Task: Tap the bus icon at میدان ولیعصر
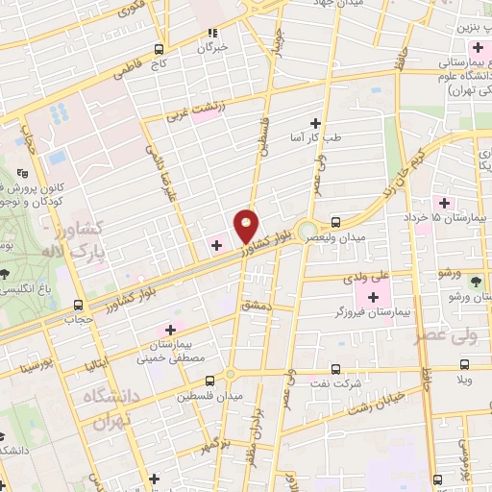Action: click(x=334, y=220)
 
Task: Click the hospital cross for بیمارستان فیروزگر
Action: click(x=373, y=295)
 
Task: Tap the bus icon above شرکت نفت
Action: click(x=334, y=368)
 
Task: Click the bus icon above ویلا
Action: click(x=465, y=366)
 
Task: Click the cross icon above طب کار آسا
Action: click(x=315, y=123)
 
